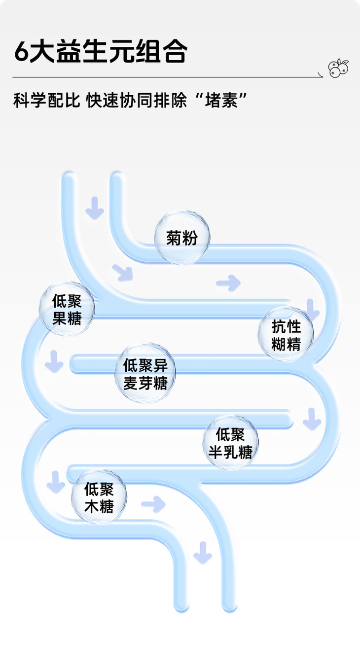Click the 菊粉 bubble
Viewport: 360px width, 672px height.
(182, 238)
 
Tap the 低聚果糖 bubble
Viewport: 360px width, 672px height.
(67, 310)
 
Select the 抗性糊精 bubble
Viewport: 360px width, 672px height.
(286, 335)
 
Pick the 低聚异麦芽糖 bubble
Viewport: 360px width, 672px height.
(145, 374)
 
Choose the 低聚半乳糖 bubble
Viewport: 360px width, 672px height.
(230, 442)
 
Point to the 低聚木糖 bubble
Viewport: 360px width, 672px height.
(99, 497)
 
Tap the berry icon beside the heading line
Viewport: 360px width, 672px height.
(338, 68)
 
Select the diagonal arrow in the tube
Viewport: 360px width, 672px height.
(123, 272)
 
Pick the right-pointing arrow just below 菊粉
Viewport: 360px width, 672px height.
(228, 283)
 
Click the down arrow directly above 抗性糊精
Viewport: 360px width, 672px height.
(312, 308)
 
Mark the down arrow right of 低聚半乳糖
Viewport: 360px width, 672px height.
(312, 419)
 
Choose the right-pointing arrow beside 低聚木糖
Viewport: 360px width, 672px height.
(153, 504)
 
